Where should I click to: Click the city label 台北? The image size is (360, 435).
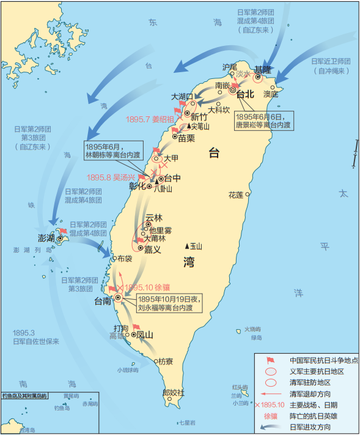244,95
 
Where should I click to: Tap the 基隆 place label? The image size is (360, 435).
264,69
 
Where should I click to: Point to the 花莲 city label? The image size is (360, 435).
236,195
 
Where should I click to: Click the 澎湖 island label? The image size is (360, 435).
47,237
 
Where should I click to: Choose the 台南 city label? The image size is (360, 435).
104,300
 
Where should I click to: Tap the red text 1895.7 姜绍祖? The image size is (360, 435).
150,119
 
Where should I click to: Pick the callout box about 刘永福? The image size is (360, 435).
168,303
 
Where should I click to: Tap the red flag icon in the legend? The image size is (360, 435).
271,360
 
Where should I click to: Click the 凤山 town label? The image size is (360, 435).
144,335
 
